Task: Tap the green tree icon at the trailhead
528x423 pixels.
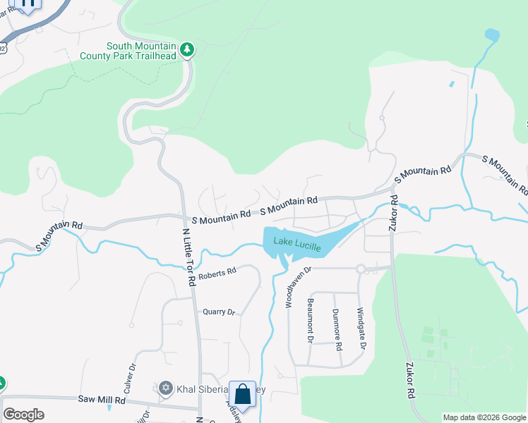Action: (x=187, y=49)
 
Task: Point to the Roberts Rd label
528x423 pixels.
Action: (x=217, y=273)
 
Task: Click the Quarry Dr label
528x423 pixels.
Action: (x=218, y=312)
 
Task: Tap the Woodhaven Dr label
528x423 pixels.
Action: (x=297, y=288)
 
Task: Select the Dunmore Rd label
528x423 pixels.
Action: (x=337, y=330)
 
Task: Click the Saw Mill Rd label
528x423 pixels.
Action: (x=102, y=400)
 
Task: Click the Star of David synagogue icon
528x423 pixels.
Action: (x=166, y=388)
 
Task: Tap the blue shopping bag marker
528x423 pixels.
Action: (x=242, y=395)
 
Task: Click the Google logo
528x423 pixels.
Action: (x=23, y=415)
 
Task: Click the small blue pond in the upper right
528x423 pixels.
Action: (x=492, y=35)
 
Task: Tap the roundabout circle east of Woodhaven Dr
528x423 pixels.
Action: (x=360, y=269)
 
